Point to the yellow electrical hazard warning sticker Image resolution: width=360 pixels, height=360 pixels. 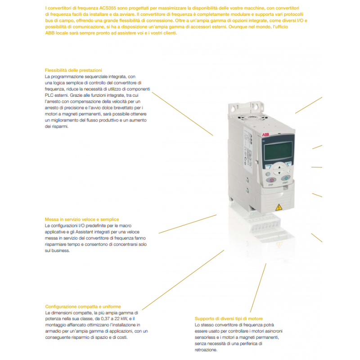[x=278, y=207]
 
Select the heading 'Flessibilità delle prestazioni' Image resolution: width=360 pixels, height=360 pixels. [x=74, y=71]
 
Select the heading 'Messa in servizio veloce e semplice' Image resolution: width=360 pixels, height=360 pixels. [x=82, y=219]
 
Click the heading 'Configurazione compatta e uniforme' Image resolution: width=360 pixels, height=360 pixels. [x=83, y=306]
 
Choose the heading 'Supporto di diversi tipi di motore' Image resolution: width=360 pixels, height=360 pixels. [x=229, y=319]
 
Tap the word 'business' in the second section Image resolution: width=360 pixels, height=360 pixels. [x=60, y=251]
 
